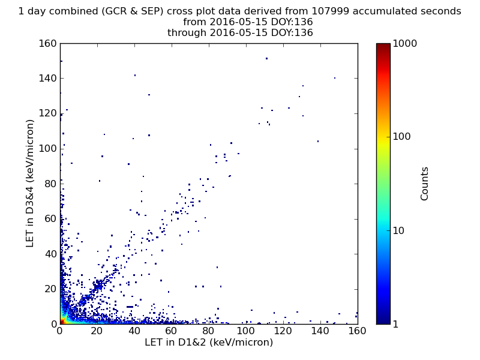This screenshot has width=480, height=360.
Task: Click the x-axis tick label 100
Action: (x=245, y=331)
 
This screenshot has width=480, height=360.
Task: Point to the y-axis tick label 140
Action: (x=48, y=79)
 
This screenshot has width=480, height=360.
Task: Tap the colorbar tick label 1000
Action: (x=404, y=43)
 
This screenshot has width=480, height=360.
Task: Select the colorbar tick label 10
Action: (x=398, y=231)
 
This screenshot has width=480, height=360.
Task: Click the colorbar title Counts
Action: (x=424, y=184)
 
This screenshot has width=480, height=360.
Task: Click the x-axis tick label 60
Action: (x=171, y=331)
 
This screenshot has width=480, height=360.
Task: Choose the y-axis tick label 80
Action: (x=51, y=184)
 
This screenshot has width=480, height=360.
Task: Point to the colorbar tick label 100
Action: (x=401, y=137)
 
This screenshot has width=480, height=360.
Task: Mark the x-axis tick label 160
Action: (x=357, y=331)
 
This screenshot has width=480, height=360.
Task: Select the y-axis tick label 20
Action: (x=51, y=289)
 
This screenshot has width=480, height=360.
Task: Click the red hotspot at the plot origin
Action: (x=62, y=322)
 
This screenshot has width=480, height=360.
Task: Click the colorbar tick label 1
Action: (x=395, y=324)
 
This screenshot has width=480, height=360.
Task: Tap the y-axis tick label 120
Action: (x=48, y=113)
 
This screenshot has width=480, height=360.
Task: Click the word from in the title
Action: (x=194, y=22)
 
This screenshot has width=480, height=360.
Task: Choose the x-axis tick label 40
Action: (x=134, y=331)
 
